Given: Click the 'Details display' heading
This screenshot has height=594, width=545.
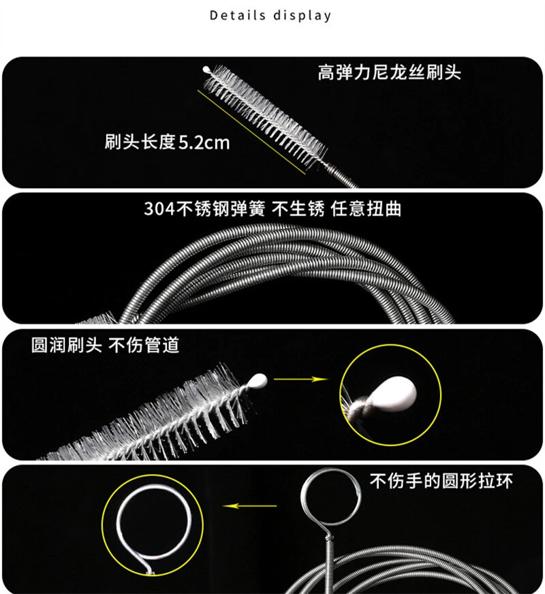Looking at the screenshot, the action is [270, 16].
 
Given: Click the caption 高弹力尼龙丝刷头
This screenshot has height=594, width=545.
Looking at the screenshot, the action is [389, 72].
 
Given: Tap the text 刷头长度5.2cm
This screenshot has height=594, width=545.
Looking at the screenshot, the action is [167, 142].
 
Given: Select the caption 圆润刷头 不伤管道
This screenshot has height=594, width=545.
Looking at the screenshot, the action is [105, 345].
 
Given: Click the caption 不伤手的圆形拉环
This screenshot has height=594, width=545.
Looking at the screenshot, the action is [441, 481].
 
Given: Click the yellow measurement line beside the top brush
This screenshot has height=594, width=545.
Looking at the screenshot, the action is [251, 132].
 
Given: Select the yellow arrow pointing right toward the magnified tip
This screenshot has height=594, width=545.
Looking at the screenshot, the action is [300, 379].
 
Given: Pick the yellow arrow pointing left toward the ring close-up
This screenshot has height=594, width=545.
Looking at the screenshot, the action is [249, 505].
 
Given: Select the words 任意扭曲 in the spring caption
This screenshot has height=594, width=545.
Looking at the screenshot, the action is [366, 208].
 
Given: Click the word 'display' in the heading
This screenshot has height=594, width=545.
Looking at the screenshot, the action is [302, 16].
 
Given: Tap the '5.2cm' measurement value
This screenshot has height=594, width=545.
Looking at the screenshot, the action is [204, 142].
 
